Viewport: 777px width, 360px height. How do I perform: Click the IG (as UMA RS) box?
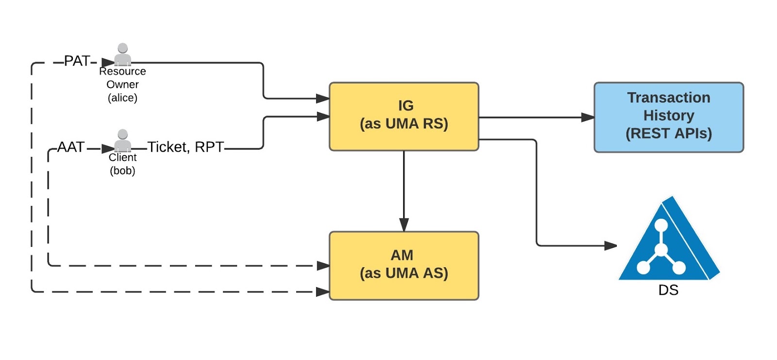[404, 117]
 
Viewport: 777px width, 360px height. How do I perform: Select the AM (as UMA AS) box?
[404, 265]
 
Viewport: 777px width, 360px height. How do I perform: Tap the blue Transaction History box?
[668, 117]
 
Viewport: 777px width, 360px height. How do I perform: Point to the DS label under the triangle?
[668, 290]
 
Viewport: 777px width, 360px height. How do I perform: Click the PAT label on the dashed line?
[77, 61]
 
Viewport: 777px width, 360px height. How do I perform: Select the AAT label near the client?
[71, 147]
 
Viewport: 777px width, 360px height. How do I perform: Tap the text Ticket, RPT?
[186, 147]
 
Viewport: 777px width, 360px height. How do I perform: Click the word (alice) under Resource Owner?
[122, 98]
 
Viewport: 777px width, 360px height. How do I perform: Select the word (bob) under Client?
[122, 171]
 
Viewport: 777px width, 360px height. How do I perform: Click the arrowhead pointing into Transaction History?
[588, 117]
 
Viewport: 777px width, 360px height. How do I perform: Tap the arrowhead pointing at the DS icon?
[610, 246]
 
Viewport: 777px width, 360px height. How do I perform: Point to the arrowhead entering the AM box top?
[404, 225]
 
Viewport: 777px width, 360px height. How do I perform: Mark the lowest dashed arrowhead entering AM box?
[323, 292]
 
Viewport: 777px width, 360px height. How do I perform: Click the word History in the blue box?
[668, 116]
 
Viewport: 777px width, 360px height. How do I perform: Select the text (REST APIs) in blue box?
[668, 134]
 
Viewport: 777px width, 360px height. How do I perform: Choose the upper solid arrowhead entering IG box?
[323, 99]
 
